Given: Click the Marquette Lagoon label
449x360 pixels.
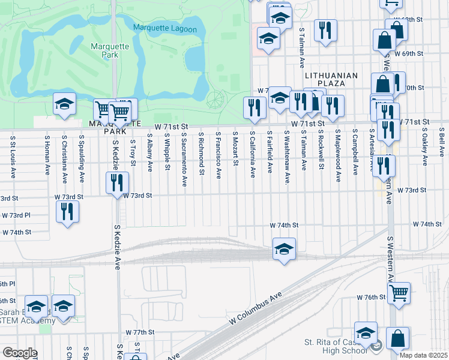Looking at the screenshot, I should click(164, 28).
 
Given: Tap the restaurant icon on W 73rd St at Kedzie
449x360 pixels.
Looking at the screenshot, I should click(118, 182).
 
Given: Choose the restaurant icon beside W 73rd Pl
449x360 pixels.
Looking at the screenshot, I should click(67, 212).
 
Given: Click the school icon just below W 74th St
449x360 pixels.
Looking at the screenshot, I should click(283, 249).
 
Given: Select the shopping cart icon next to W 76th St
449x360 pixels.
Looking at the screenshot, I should click(399, 293).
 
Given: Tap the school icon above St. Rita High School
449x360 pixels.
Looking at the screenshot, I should click(366, 333).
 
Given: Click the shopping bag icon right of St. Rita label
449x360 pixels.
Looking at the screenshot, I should click(397, 338).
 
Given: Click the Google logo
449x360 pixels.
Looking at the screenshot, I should click(20, 353).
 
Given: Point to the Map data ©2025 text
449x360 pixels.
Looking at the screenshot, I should click(424, 356).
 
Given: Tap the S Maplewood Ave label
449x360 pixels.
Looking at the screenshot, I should click(338, 155).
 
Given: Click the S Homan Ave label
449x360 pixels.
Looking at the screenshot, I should click(47, 154).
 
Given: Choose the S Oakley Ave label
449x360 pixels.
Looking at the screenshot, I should click(424, 146).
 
